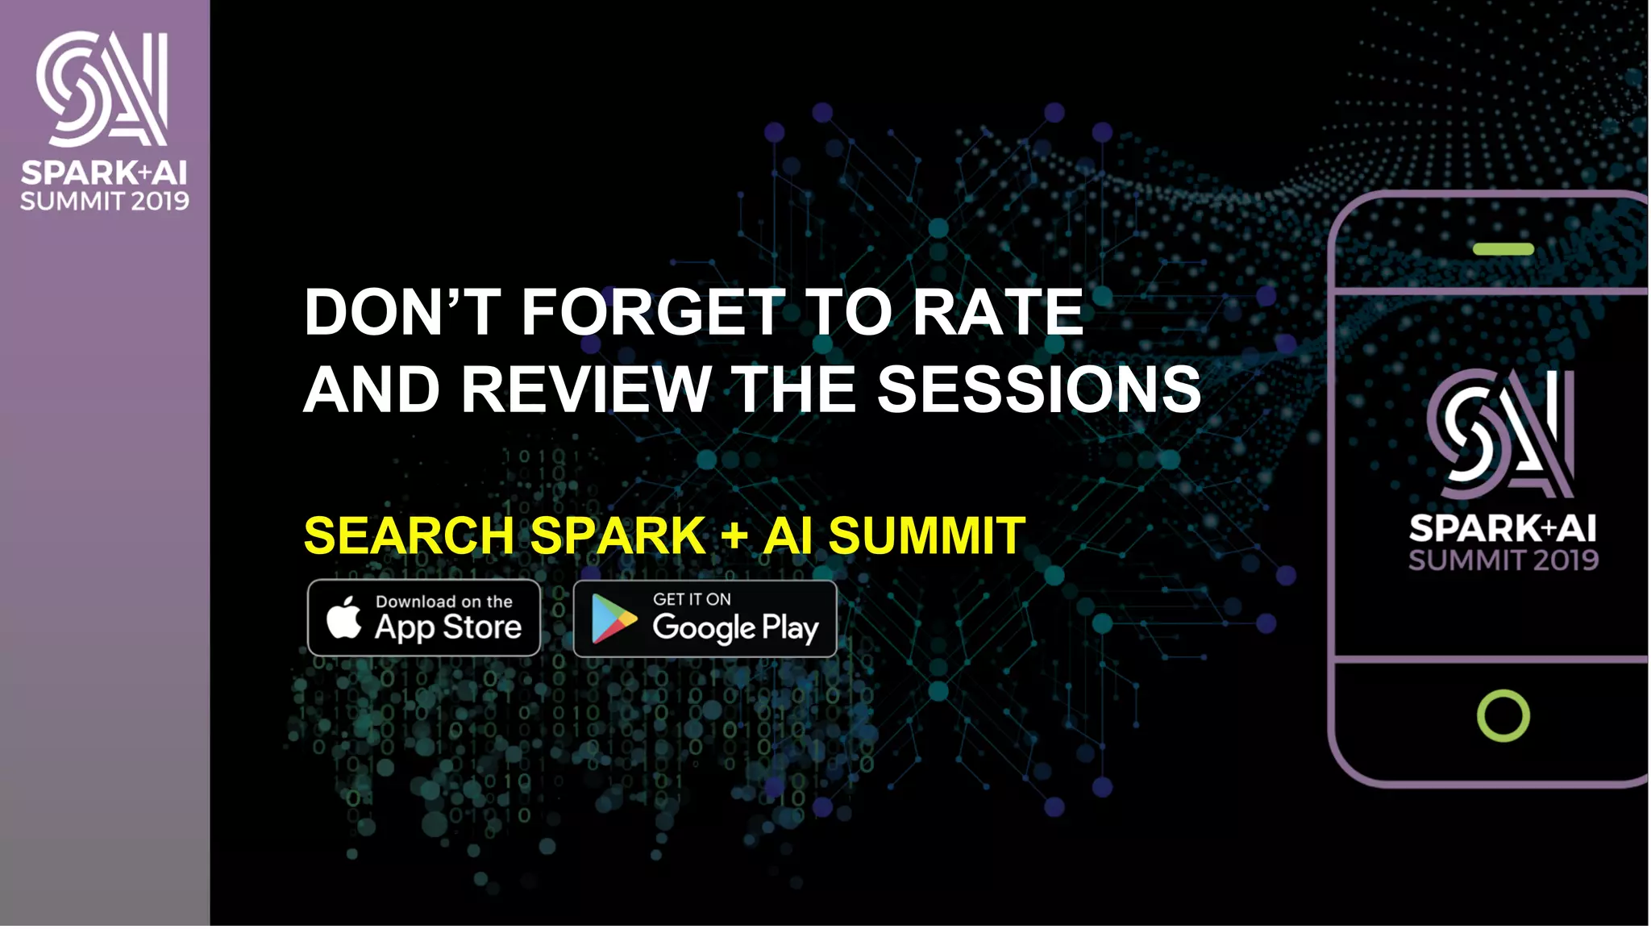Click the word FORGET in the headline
[652, 313]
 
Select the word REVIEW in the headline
[586, 390]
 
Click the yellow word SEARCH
[409, 536]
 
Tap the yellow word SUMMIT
[926, 536]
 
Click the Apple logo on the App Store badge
[344, 619]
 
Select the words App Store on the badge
[448, 627]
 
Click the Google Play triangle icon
[613, 619]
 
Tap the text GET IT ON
[692, 599]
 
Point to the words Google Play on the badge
[735, 628]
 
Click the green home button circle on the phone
[1503, 715]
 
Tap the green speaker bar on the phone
[1503, 249]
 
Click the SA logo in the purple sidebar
[102, 89]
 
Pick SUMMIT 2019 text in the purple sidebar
[105, 202]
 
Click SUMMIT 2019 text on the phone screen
[1503, 560]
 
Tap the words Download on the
[443, 602]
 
